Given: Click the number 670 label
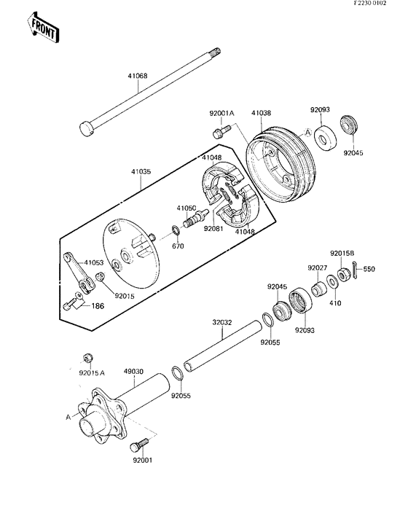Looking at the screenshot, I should [x=176, y=246].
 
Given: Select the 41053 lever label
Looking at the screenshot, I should [x=93, y=262].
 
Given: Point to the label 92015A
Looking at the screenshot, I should [x=92, y=372].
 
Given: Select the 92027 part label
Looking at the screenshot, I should [x=317, y=268].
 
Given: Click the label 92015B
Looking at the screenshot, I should [x=342, y=253].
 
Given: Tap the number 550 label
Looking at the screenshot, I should [x=369, y=270].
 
